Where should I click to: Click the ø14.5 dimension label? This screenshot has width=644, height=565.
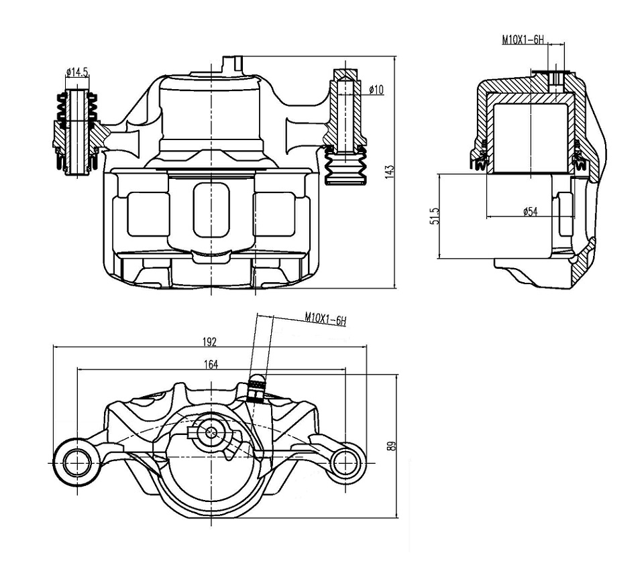[77, 72]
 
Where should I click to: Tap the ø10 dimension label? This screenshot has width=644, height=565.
[376, 89]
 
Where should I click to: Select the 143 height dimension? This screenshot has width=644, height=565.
[390, 171]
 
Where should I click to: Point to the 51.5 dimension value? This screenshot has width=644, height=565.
[435, 216]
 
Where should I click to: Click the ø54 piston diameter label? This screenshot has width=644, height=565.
[530, 212]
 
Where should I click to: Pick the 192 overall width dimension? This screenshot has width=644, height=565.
[209, 341]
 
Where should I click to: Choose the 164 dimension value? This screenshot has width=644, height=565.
[211, 364]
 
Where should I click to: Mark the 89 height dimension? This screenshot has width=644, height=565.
[392, 446]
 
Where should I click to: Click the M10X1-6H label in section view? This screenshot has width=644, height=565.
[523, 40]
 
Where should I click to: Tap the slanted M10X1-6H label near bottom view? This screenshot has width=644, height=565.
[325, 319]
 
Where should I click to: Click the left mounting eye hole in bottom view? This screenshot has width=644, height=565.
[76, 462]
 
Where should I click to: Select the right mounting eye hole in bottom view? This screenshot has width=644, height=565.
[344, 463]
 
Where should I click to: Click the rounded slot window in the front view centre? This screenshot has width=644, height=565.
[211, 210]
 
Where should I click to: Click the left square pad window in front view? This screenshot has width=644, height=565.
[148, 214]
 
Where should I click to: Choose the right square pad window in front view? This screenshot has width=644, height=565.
[274, 214]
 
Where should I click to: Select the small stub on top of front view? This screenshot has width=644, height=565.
[233, 65]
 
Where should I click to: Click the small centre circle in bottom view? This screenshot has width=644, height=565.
[211, 432]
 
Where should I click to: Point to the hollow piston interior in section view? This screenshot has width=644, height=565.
[530, 138]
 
